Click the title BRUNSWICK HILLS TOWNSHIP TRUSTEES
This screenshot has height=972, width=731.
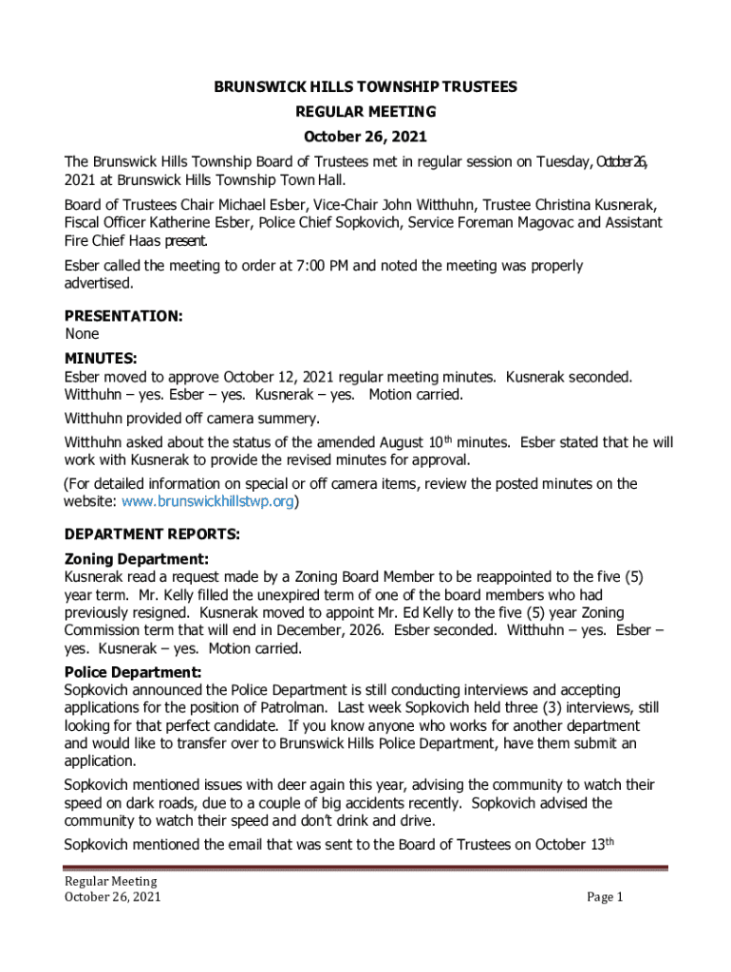click(365, 87)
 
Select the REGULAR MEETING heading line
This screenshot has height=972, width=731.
click(365, 112)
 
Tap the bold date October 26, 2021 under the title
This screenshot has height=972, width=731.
click(365, 137)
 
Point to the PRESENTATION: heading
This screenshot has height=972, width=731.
click(123, 316)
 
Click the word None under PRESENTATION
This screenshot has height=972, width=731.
click(82, 334)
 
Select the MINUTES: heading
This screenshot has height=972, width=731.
click(101, 359)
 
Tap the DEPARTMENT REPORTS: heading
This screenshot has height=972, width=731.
click(152, 534)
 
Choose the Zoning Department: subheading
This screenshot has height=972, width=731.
click(137, 559)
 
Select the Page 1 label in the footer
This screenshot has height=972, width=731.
click(604, 897)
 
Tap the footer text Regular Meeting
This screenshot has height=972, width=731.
click(104, 882)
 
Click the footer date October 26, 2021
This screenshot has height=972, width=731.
click(112, 897)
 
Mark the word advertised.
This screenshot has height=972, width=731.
click(99, 284)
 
